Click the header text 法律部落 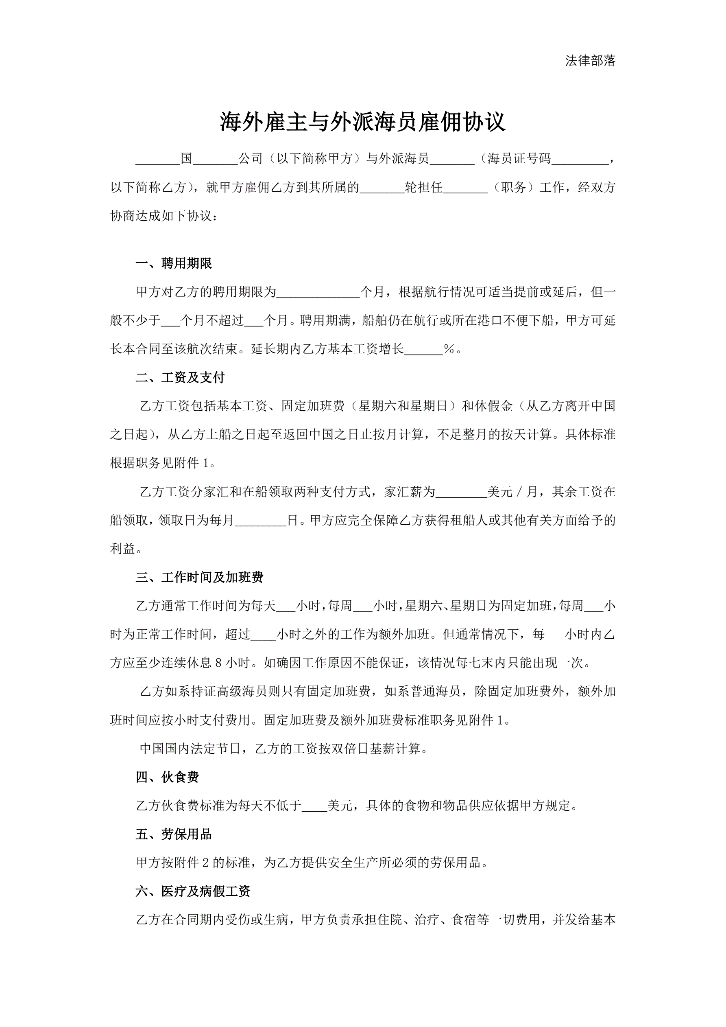[x=590, y=61]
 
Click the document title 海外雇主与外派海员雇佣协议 [x=362, y=122]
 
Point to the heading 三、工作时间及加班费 [x=199, y=578]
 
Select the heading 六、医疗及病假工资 [x=193, y=891]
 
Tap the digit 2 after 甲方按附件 [x=206, y=863]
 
